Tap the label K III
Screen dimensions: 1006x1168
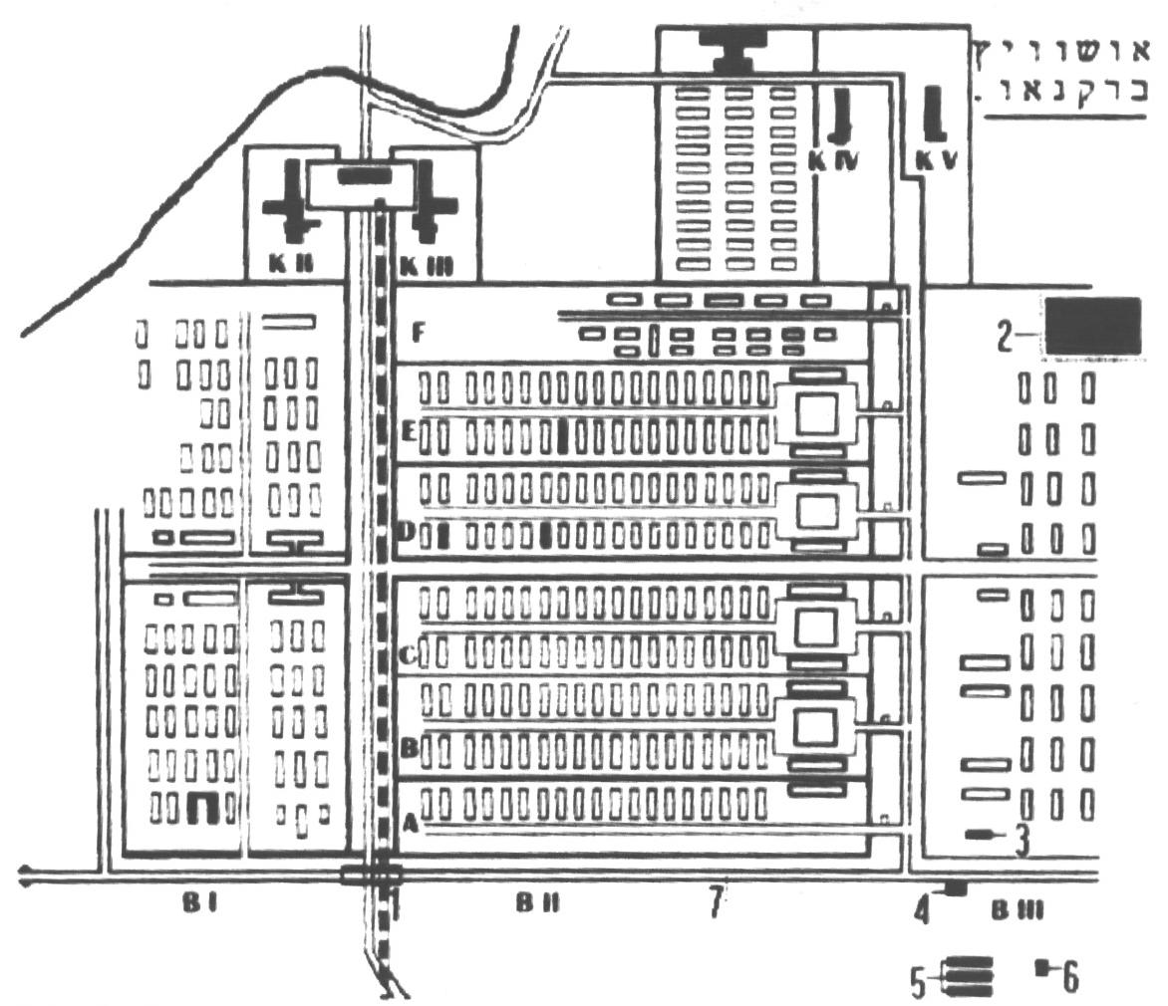tap(424, 267)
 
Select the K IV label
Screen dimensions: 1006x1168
tap(833, 159)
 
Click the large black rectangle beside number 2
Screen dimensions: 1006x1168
tap(1092, 325)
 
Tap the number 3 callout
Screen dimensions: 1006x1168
tap(1022, 843)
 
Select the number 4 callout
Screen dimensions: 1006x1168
tap(923, 909)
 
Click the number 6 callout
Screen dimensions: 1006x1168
tap(1069, 978)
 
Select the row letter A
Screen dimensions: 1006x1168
tap(408, 824)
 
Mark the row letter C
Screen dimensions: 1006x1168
tap(407, 656)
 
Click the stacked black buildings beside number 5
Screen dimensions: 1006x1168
tap(970, 976)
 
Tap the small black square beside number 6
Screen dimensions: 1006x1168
tap(1042, 965)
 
